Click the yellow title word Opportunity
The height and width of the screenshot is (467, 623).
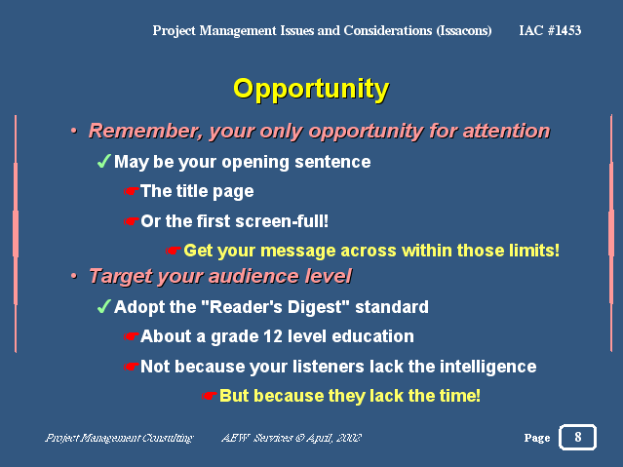coord(311,90)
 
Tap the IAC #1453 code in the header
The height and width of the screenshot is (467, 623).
coord(550,30)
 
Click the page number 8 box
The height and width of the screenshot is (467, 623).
coord(578,437)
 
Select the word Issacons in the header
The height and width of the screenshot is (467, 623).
coord(464,31)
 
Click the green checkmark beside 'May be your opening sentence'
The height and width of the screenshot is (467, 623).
coord(104,161)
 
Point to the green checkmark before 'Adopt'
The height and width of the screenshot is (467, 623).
coord(104,306)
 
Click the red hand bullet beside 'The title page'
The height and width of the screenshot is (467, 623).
coord(131,191)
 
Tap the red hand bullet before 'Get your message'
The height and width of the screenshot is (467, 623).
coord(174,251)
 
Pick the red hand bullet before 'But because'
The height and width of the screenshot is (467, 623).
coord(209,396)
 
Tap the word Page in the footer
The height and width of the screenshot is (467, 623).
coord(537,438)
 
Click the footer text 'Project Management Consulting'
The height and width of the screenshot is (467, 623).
coord(119,438)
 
